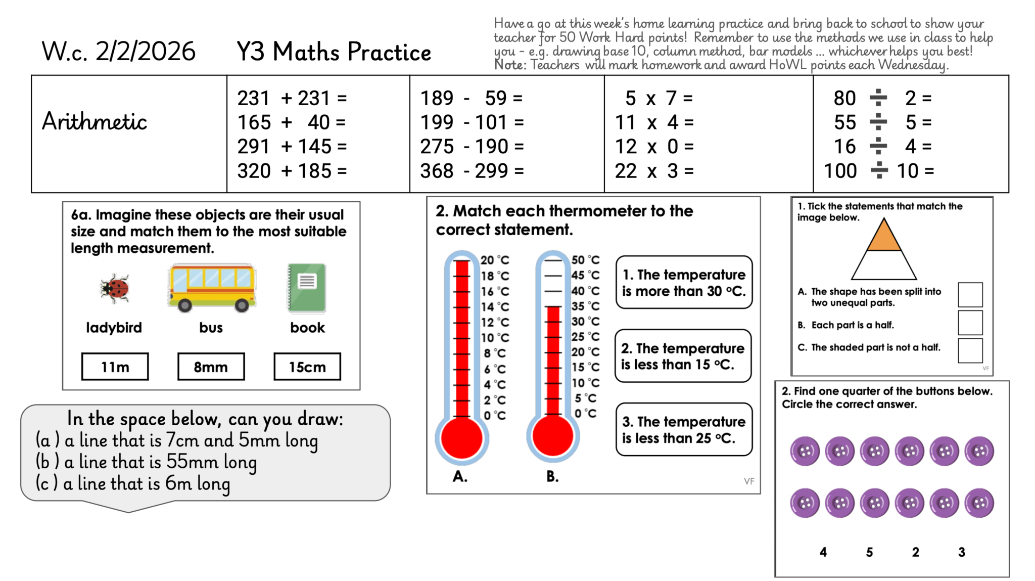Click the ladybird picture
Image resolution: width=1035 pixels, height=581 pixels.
(x=115, y=288)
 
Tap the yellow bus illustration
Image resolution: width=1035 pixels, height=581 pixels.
(x=212, y=286)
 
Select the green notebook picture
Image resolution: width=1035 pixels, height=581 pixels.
(x=307, y=288)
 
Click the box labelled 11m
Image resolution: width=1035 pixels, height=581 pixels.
(x=115, y=367)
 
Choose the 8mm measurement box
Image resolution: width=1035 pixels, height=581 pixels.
(x=211, y=367)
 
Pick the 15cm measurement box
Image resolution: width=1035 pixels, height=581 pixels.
(x=307, y=367)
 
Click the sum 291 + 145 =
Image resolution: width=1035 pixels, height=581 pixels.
(x=292, y=147)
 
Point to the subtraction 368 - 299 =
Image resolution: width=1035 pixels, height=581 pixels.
(x=472, y=171)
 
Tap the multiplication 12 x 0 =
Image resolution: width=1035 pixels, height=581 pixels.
(x=654, y=147)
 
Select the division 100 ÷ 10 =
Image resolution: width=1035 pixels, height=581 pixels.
(x=878, y=171)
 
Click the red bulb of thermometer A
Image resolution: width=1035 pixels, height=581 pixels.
(x=461, y=438)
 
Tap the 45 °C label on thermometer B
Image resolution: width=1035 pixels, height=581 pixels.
(x=585, y=275)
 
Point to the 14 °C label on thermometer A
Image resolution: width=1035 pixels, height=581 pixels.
(x=495, y=306)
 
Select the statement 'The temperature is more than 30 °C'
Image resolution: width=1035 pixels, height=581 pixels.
(x=684, y=283)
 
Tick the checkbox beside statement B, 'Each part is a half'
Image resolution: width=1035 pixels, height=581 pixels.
(x=970, y=323)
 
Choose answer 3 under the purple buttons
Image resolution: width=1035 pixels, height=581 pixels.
(x=961, y=552)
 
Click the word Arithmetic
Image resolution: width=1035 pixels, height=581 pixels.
(x=95, y=122)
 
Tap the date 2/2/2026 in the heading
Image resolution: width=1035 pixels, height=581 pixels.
(x=145, y=52)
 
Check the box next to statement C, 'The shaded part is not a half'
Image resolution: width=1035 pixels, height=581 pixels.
(x=970, y=350)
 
